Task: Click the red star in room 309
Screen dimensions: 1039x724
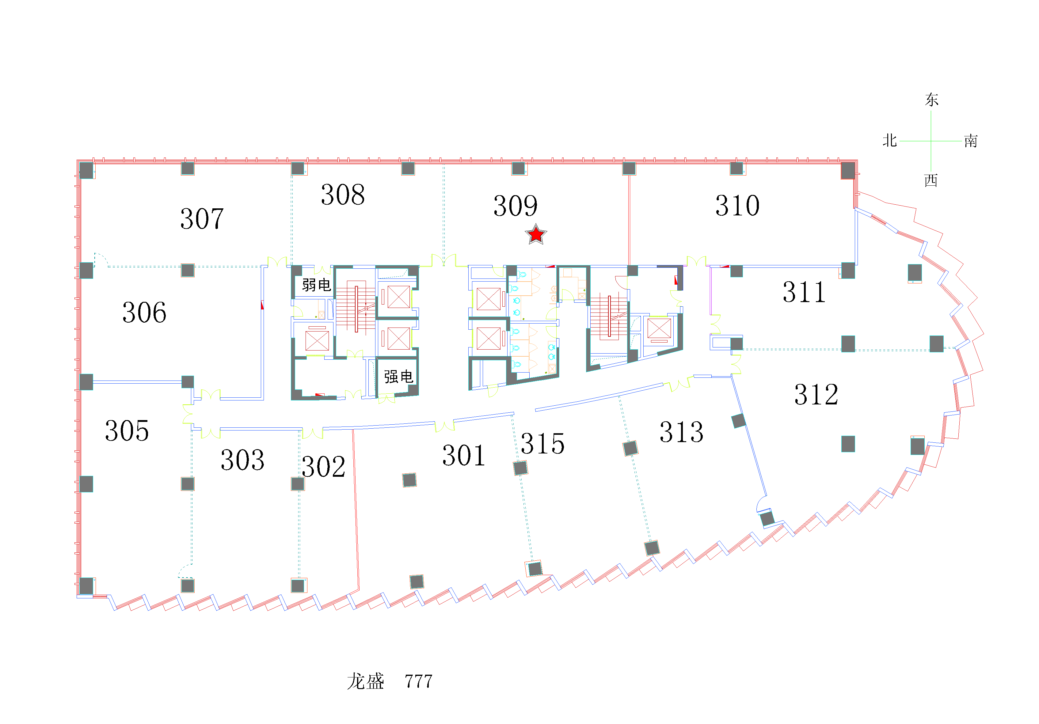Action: click(536, 234)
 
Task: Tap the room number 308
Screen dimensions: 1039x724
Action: click(343, 195)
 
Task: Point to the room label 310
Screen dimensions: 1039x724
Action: click(737, 206)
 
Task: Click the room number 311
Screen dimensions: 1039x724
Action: click(804, 292)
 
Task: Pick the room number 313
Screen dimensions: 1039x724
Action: click(681, 432)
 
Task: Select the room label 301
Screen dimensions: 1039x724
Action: click(463, 455)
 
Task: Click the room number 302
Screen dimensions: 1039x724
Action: click(323, 467)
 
